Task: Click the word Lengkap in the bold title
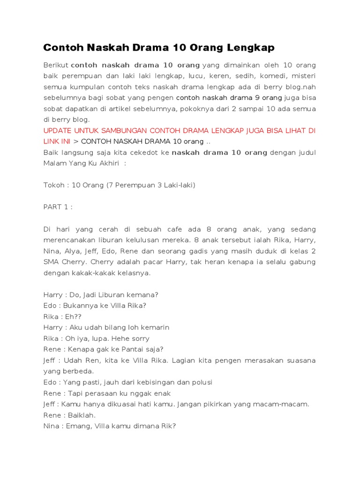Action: coord(251,48)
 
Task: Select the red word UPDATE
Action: coord(57,130)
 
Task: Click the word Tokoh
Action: coord(54,185)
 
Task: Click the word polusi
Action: coord(200,382)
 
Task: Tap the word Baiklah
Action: coord(82,415)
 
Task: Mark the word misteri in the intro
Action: coord(303,75)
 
